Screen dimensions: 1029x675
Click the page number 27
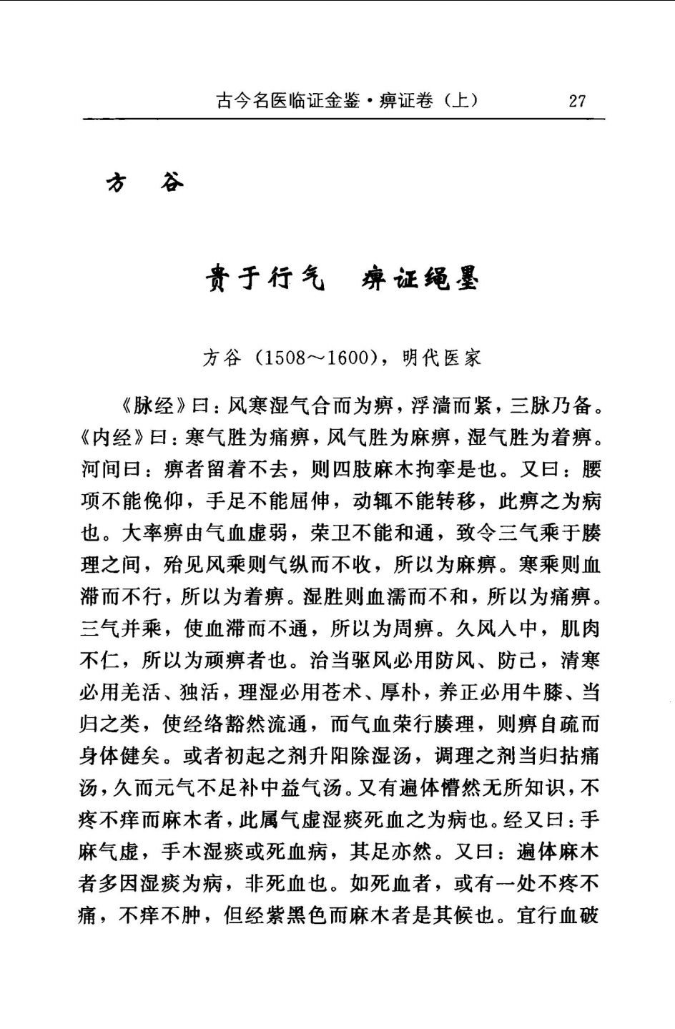(577, 100)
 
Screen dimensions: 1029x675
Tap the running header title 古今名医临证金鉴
(287, 100)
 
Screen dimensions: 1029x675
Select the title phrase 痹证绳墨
(420, 277)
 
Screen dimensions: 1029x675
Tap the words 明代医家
(441, 358)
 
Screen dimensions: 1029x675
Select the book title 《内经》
(112, 437)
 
